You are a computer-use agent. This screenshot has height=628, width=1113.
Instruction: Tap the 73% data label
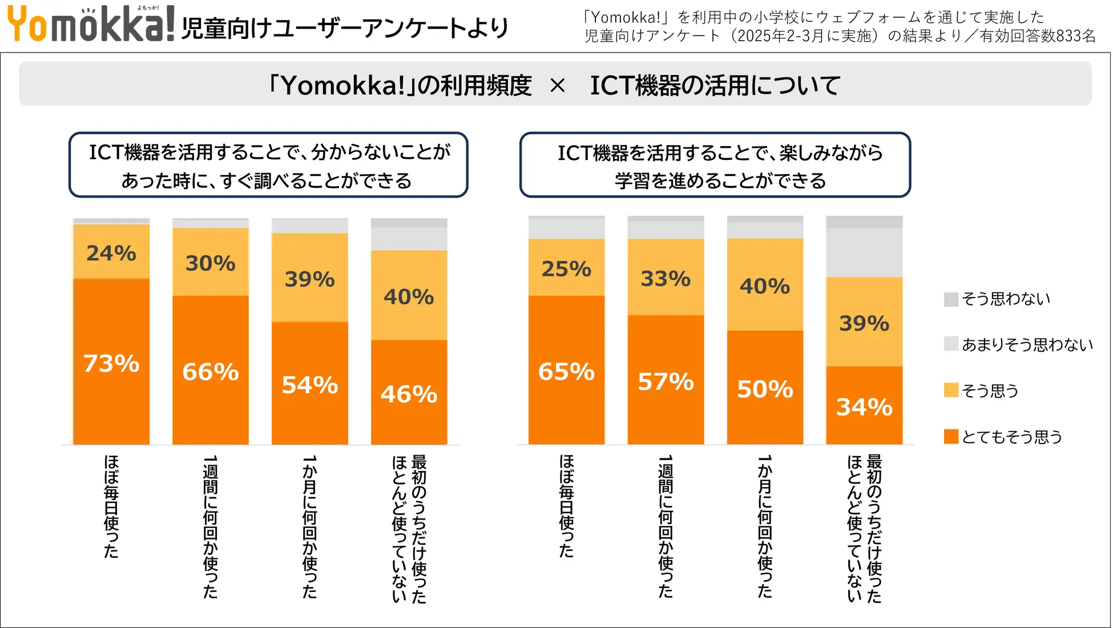tap(111, 364)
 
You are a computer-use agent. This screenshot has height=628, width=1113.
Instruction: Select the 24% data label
tap(111, 253)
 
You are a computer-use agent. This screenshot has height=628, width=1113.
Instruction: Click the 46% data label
tap(409, 394)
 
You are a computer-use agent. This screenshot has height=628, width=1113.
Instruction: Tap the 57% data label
tap(666, 382)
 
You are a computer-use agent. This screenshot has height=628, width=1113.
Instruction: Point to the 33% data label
tap(666, 279)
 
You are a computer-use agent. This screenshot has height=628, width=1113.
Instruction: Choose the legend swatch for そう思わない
tap(951, 299)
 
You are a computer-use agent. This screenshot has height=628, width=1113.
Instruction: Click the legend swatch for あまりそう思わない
tap(951, 344)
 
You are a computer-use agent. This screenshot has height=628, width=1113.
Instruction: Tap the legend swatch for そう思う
tap(951, 391)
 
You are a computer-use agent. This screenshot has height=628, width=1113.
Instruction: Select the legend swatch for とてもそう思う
tap(951, 437)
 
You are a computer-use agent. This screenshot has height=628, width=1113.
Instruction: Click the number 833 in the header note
tap(1068, 36)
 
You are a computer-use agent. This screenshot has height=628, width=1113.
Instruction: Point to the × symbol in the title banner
tap(558, 86)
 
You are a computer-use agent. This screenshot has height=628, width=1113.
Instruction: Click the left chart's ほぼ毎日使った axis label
tap(111, 506)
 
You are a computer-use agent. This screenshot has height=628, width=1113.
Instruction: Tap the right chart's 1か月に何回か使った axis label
tap(765, 526)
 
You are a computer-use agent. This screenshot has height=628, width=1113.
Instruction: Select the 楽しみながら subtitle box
tap(715, 166)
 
